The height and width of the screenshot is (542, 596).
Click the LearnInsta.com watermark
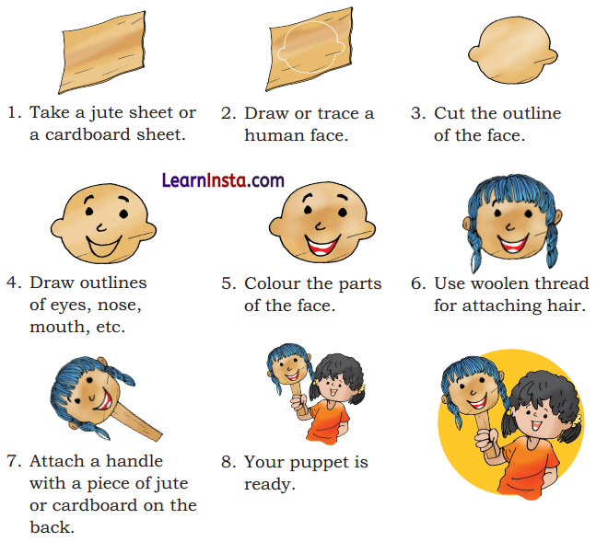(x=222, y=180)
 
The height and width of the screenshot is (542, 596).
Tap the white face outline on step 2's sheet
(x=310, y=47)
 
